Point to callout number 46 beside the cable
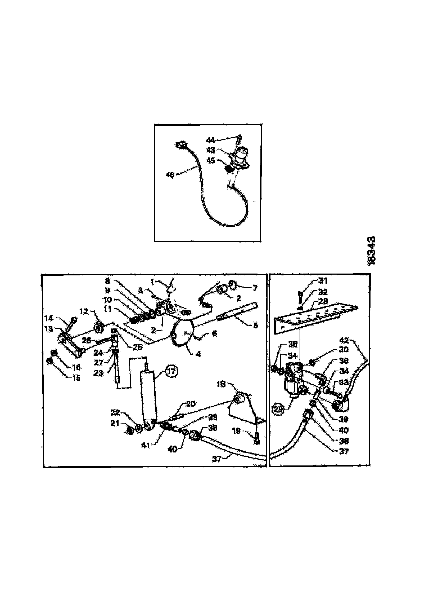170,175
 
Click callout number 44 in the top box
211,140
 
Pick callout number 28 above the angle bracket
323,301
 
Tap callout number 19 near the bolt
236,431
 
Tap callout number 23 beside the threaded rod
98,373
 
